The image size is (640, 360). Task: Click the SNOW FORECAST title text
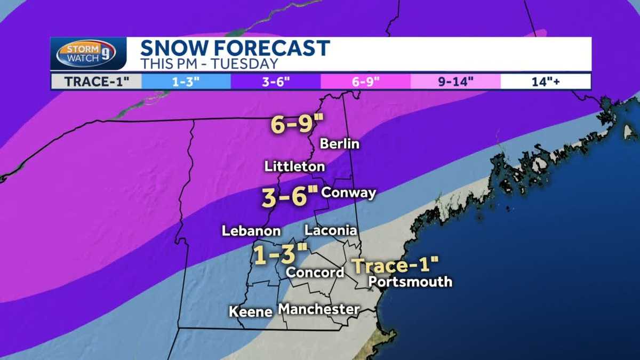[x=235, y=49]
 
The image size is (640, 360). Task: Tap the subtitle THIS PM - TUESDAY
[x=209, y=63]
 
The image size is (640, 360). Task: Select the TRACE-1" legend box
[x=96, y=82]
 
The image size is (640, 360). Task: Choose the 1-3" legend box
[x=186, y=82]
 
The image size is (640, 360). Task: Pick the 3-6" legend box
[x=276, y=82]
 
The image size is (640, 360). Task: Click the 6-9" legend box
[x=365, y=82]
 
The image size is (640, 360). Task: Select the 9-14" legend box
[x=455, y=82]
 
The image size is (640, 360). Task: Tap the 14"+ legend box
[x=546, y=82]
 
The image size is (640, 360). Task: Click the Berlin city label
[x=339, y=144]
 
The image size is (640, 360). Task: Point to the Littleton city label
[x=294, y=166]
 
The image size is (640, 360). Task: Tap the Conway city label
[x=349, y=193]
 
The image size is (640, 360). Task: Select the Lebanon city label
[x=251, y=231]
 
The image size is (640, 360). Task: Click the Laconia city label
[x=330, y=230]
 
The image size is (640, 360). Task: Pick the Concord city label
[x=315, y=272]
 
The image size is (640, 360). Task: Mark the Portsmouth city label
[x=410, y=282]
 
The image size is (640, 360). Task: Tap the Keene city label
[x=251, y=311]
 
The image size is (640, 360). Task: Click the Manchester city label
[x=319, y=309]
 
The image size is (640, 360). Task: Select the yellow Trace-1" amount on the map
[x=396, y=265]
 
